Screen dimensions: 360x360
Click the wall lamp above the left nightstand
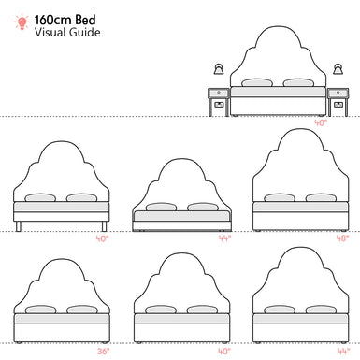point(219,69)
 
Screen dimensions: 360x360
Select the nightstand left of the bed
point(219,101)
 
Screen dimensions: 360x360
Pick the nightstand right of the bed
point(338,101)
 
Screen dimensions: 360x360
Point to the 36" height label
point(103,352)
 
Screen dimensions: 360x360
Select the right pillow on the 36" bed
point(81,310)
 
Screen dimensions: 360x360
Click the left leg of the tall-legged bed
point(18,225)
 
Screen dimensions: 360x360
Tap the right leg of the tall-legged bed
point(106,225)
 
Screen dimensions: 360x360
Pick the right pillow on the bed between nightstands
point(297,82)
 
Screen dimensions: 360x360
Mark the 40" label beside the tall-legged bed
point(103,238)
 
